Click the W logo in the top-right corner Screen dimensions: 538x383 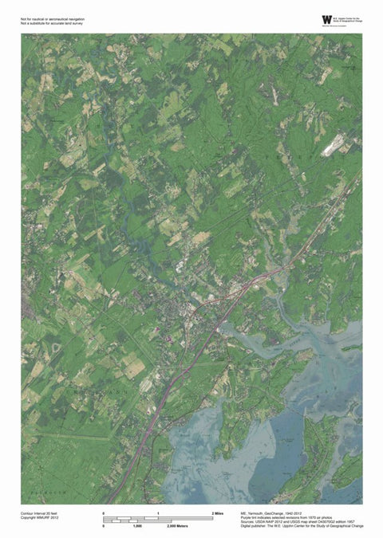pyautogui.click(x=326, y=19)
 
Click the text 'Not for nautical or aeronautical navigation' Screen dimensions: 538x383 pyautogui.click(x=49, y=18)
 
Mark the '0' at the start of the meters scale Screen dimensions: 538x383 pyautogui.click(x=105, y=527)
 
